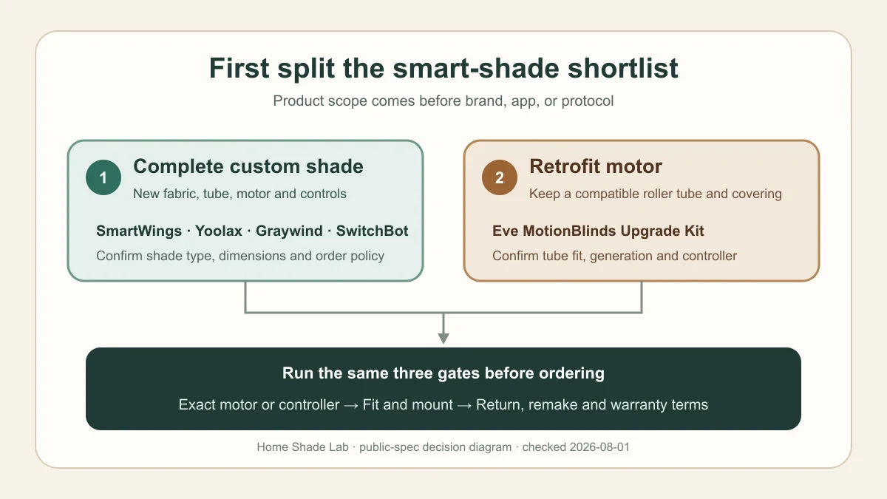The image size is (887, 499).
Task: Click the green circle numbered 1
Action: click(x=103, y=177)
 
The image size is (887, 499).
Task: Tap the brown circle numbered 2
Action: click(x=500, y=177)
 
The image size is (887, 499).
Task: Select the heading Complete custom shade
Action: click(x=248, y=166)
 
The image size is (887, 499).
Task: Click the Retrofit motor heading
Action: click(x=596, y=166)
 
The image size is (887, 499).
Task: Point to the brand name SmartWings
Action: click(x=139, y=231)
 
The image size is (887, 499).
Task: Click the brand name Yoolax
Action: click(x=219, y=231)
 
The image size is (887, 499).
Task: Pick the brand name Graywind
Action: click(x=289, y=231)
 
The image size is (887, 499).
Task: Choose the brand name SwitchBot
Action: click(x=373, y=231)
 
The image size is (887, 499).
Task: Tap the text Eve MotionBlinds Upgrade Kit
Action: click(x=598, y=231)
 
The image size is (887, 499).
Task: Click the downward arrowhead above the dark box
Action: click(x=443, y=339)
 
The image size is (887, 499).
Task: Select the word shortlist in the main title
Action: click(x=623, y=68)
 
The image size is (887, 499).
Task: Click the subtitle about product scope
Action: click(x=443, y=101)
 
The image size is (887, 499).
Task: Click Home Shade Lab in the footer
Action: click(x=302, y=447)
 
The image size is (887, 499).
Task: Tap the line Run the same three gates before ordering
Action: click(x=443, y=373)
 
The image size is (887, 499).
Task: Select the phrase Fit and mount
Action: click(x=407, y=405)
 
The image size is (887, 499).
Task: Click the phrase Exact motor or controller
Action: click(x=259, y=405)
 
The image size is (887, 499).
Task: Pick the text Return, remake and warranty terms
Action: click(x=592, y=405)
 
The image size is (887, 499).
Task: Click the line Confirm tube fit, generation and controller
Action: click(x=614, y=256)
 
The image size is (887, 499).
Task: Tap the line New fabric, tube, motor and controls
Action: click(x=239, y=194)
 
